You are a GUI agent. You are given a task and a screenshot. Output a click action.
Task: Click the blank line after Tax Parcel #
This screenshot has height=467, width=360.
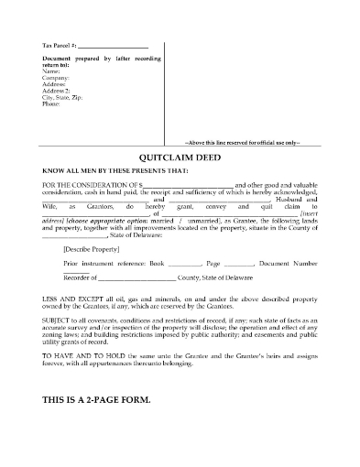coord(113,46)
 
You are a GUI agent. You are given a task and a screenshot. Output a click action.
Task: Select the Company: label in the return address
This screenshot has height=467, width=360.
coord(57,79)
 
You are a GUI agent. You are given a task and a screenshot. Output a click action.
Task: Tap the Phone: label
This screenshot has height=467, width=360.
coord(52,104)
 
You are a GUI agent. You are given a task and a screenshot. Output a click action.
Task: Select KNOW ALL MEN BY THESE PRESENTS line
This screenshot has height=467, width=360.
coord(107,167)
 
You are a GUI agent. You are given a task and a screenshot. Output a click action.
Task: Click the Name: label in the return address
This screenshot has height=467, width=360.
coord(51,72)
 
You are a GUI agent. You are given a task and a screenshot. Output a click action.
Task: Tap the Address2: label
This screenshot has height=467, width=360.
coord(57,92)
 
